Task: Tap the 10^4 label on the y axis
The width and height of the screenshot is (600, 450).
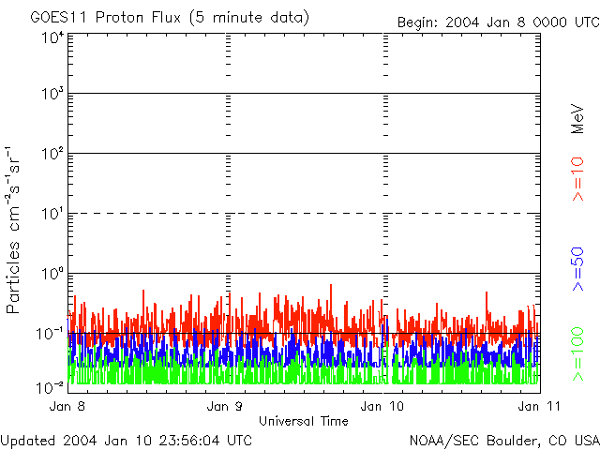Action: [x=52, y=37]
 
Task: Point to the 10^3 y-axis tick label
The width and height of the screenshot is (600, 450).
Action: [x=52, y=94]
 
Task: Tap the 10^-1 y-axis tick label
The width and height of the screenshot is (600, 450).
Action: [x=51, y=333]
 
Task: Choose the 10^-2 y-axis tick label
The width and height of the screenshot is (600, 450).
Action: [x=51, y=386]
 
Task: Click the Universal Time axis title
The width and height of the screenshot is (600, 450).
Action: [x=304, y=421]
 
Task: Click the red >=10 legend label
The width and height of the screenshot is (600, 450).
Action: [x=578, y=179]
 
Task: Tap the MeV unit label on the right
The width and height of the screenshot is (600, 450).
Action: [x=578, y=119]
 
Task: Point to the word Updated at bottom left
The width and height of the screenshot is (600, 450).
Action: [x=27, y=440]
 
